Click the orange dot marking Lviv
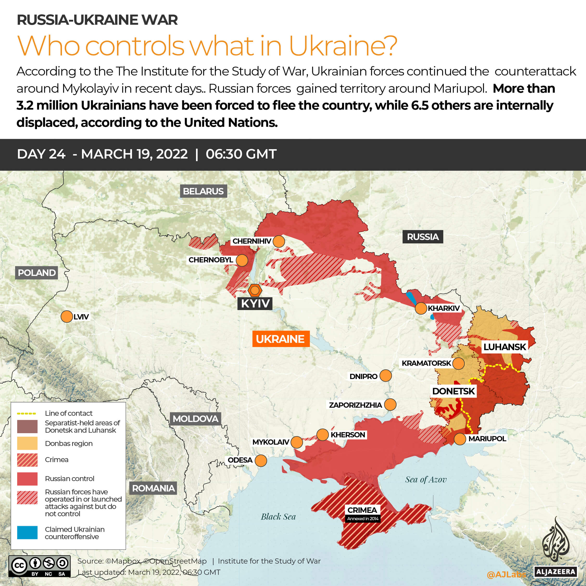66,317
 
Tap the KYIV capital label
255,303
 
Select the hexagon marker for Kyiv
255,290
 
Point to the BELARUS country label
203,191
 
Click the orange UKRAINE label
281,339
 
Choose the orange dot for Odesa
261,461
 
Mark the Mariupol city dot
460,439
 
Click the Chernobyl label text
211,260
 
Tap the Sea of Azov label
426,479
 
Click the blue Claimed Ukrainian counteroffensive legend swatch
27,533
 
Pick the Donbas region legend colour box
27,443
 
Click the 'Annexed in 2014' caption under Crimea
363,518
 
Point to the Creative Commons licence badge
39,566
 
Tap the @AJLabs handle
506,575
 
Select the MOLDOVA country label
195,419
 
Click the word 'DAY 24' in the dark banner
41,154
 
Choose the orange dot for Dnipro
386,375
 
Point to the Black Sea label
278,516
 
